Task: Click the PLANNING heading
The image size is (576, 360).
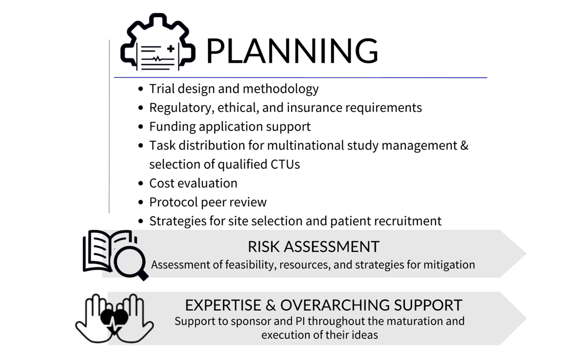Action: [292, 51]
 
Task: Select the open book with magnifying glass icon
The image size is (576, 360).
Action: [116, 254]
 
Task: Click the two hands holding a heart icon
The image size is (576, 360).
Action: [115, 318]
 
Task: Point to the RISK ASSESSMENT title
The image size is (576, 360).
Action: [313, 247]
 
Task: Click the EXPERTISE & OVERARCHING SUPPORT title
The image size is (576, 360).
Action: [323, 305]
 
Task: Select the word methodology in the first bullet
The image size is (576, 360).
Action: [281, 89]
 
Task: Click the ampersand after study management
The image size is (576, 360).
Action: [464, 145]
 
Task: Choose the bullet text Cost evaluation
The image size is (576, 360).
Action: [193, 183]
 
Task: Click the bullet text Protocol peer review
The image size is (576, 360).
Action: [208, 202]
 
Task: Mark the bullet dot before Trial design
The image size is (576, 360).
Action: [141, 89]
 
